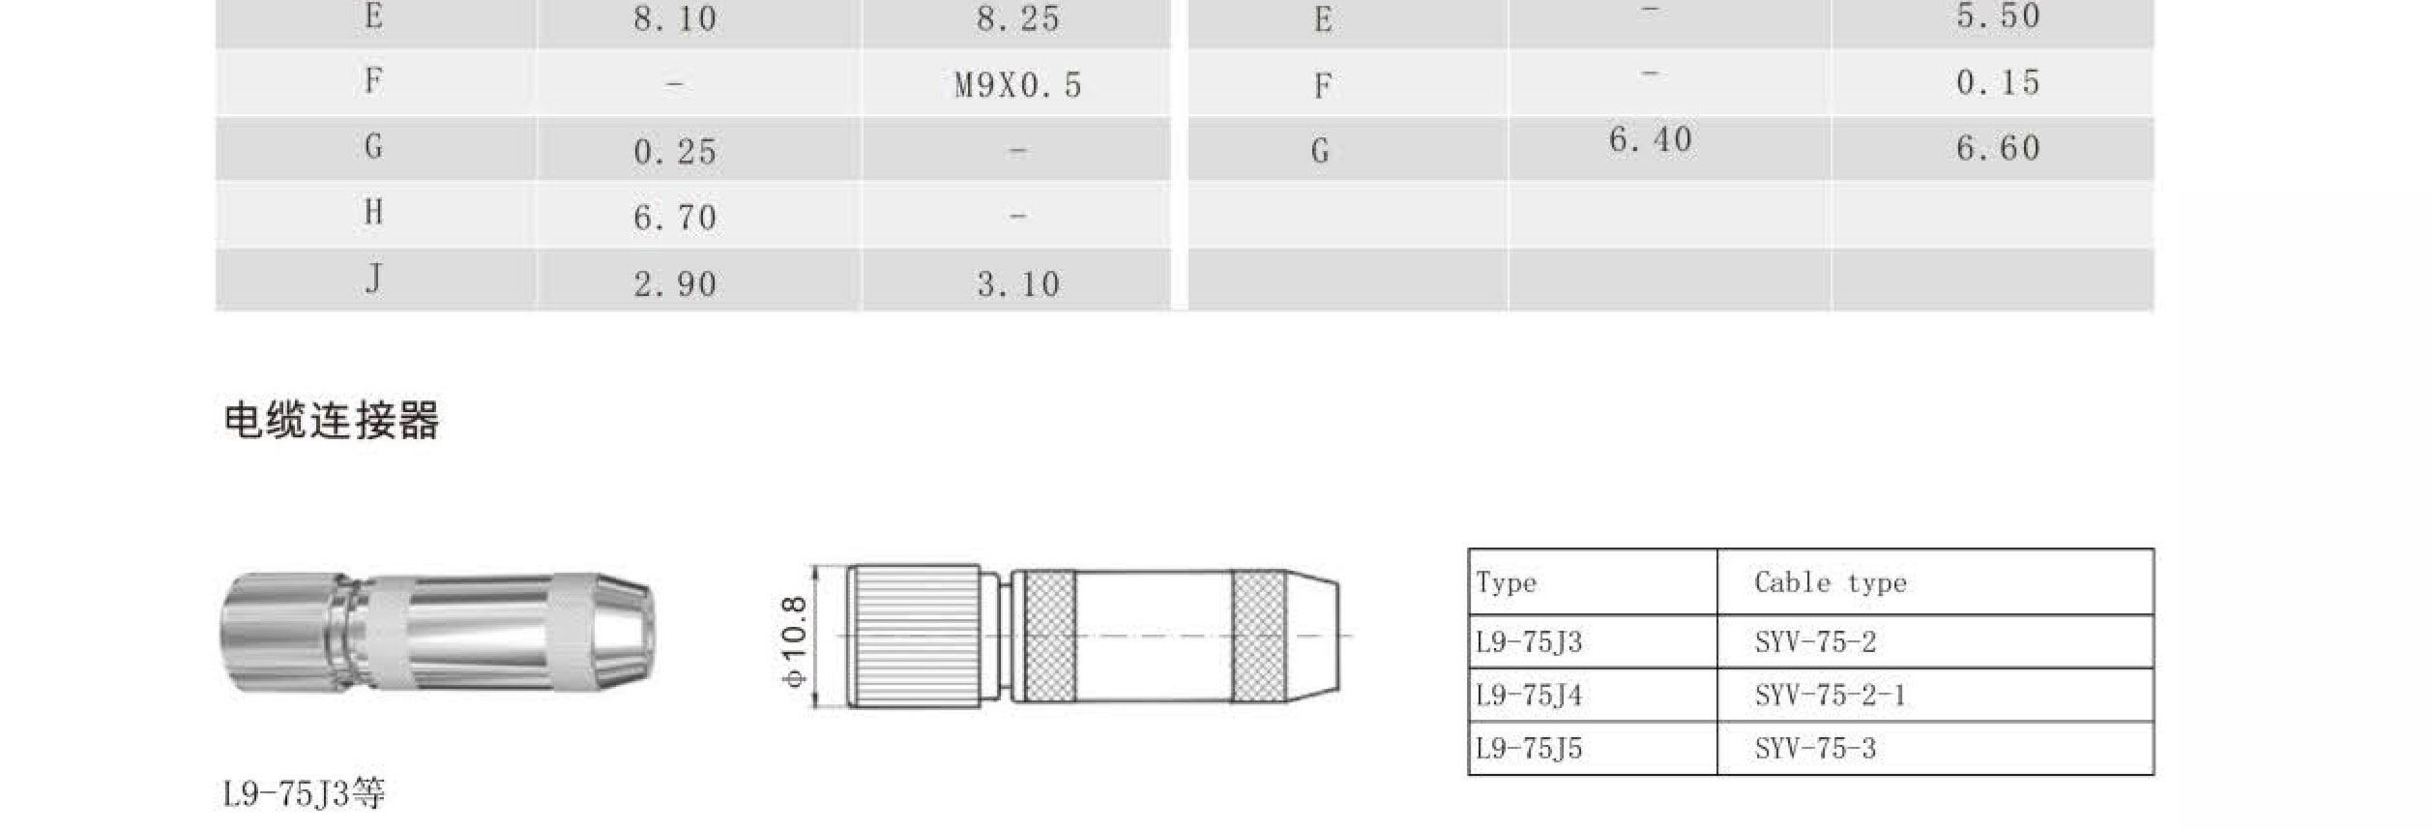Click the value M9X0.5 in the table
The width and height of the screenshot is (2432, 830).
point(1017,85)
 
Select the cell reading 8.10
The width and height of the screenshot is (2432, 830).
point(675,18)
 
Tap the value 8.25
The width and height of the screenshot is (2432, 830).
point(1017,18)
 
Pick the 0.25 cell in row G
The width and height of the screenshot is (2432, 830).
point(675,152)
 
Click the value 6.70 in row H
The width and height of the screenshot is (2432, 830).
point(675,218)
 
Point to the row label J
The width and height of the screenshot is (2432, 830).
point(373,280)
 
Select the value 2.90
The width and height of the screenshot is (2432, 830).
point(675,284)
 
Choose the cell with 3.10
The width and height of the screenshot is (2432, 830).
point(1017,284)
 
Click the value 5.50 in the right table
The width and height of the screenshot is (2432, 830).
point(1998,16)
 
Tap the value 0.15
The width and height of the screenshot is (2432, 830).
point(1998,83)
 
